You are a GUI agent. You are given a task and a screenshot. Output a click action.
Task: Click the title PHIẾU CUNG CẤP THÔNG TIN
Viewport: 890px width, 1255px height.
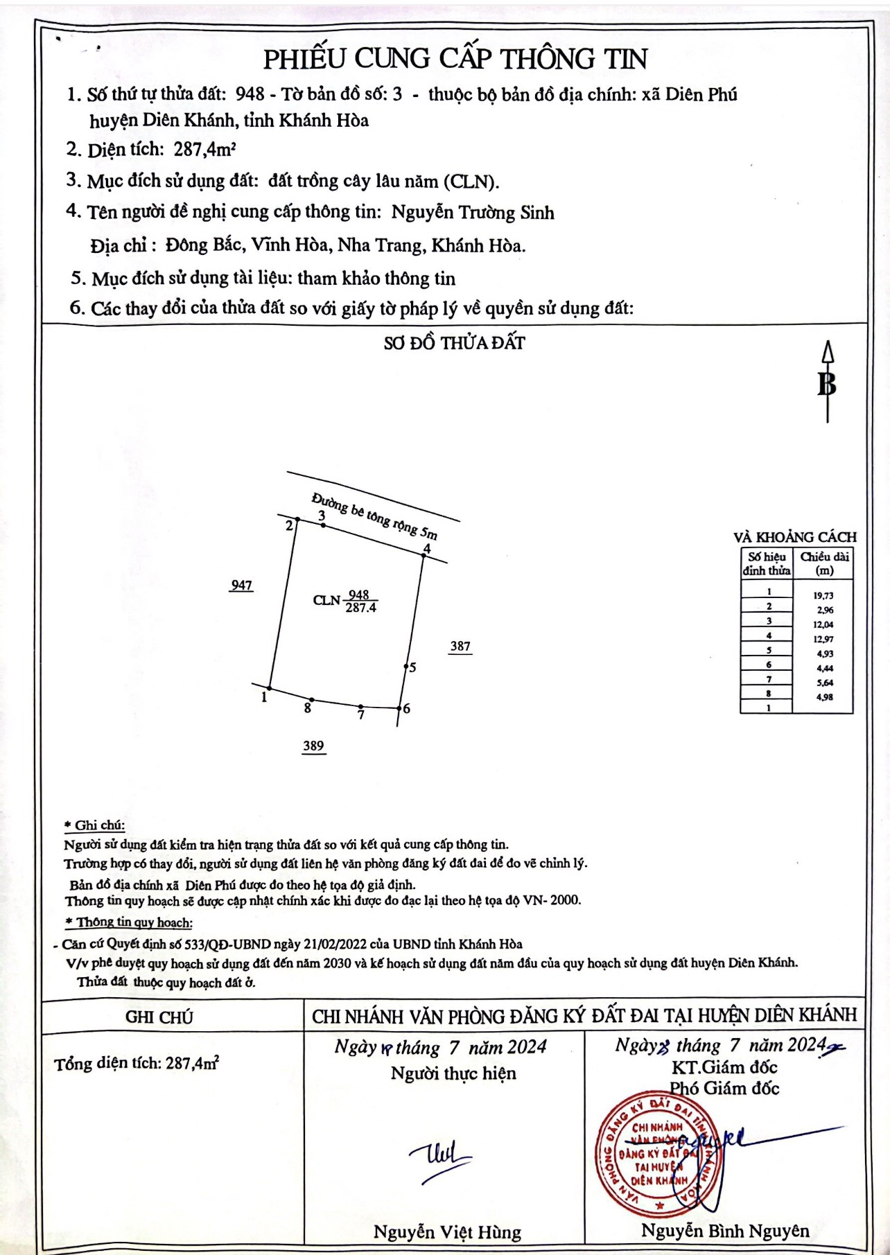click(x=455, y=59)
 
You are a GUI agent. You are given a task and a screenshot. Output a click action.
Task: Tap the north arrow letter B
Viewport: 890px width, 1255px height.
click(x=826, y=384)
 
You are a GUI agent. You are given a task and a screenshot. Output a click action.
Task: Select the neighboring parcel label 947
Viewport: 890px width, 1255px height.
click(x=241, y=586)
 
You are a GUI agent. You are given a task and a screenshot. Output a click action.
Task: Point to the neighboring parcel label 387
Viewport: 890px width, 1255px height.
click(x=460, y=647)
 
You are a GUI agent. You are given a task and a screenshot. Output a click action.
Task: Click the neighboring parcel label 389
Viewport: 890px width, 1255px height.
click(x=313, y=746)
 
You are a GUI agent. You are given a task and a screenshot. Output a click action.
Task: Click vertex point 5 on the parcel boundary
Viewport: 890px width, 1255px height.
click(x=407, y=667)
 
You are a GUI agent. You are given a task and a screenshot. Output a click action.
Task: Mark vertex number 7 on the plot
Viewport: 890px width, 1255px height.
click(x=360, y=708)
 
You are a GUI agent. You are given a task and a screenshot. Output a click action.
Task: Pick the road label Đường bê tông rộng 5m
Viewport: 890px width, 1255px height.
click(x=374, y=516)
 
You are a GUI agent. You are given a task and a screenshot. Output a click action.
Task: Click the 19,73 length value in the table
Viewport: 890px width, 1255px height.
click(x=823, y=595)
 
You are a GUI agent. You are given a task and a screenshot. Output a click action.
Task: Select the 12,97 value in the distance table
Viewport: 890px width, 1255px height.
click(x=823, y=639)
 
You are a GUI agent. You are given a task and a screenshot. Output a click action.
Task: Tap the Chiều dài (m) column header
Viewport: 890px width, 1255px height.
click(x=824, y=563)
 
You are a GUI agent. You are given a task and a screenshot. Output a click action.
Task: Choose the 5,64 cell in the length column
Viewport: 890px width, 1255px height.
click(x=824, y=683)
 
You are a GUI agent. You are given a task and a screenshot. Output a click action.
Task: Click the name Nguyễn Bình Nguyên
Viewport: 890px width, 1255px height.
click(x=724, y=1231)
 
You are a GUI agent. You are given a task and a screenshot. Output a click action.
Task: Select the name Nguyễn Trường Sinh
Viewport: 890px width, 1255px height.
click(x=473, y=213)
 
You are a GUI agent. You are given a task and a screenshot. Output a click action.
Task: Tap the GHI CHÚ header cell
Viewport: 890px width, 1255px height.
click(x=159, y=1017)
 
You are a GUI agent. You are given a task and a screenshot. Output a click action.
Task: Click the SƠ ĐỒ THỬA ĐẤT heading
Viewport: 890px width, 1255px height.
click(x=454, y=343)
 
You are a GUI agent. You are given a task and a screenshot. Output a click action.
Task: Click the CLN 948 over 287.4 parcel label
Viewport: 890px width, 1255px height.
click(x=346, y=601)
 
